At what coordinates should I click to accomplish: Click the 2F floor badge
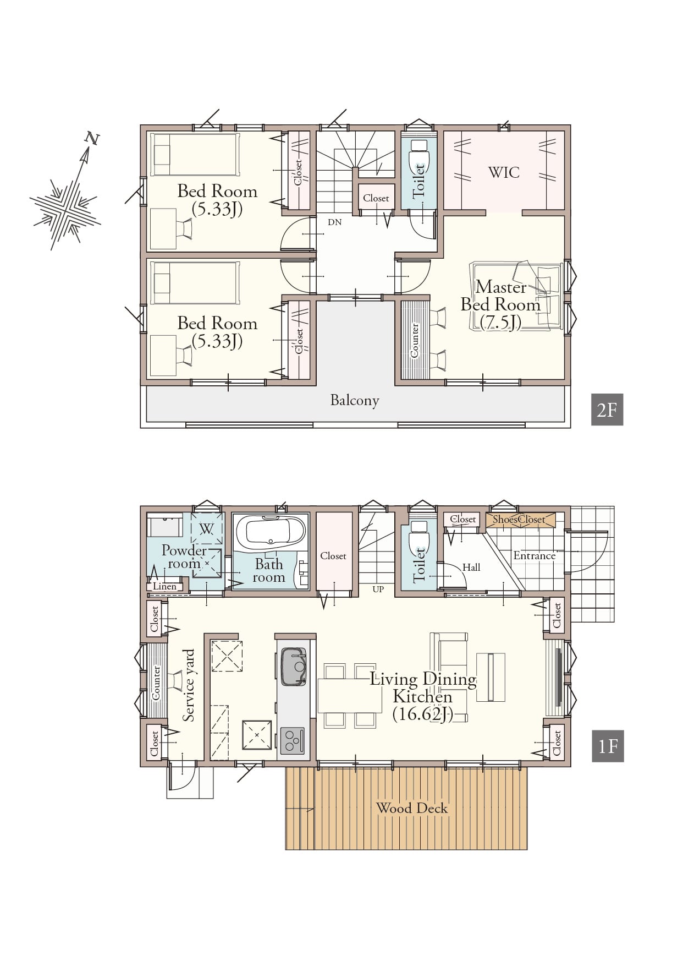(x=607, y=410)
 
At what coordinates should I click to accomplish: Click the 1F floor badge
(x=608, y=746)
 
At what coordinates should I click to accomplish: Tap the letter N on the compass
(x=92, y=138)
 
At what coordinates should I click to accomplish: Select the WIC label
(x=504, y=172)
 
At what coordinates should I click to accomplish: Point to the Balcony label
(x=355, y=400)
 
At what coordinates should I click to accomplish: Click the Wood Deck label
(x=412, y=808)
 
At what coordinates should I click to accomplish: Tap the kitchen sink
(x=293, y=666)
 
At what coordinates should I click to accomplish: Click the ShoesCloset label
(x=519, y=519)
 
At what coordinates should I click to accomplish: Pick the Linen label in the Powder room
(x=164, y=586)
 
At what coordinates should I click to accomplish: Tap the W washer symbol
(x=206, y=529)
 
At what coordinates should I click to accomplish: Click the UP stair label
(x=378, y=589)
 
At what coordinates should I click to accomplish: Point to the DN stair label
(x=334, y=222)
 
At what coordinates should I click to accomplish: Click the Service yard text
(x=189, y=685)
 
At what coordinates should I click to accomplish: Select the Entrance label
(x=534, y=555)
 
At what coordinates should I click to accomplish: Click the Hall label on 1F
(x=471, y=567)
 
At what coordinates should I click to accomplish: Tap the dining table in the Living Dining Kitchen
(x=350, y=696)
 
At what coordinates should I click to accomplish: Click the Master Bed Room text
(x=500, y=304)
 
